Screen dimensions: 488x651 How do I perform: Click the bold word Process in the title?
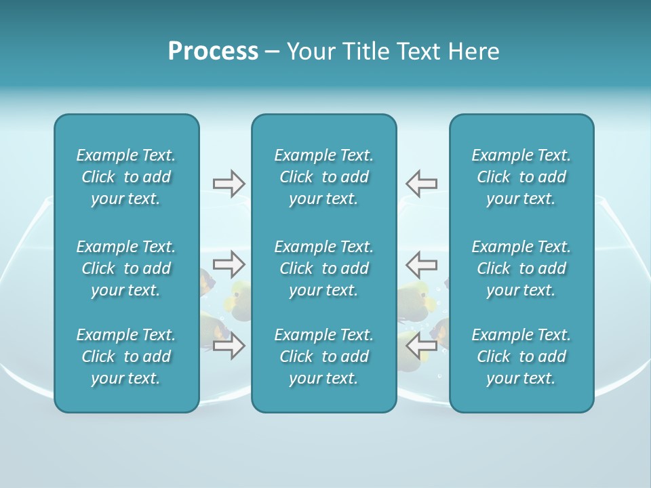pos(213,52)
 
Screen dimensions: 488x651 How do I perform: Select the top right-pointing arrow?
pos(229,183)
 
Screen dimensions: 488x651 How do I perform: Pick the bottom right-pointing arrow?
pos(229,346)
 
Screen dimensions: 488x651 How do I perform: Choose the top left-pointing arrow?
pos(422,183)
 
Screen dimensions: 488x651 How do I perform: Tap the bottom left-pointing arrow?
pos(422,346)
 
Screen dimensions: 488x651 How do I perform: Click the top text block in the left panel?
pos(126,177)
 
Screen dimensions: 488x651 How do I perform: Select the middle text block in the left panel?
pos(126,268)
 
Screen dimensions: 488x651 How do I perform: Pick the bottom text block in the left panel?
pos(126,357)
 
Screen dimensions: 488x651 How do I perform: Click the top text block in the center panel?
pos(323,177)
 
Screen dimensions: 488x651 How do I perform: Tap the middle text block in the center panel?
pos(323,268)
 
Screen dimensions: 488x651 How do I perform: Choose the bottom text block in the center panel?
pos(323,357)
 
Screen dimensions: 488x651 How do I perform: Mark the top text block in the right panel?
pos(521,177)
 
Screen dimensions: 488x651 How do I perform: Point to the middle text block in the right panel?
pos(521,268)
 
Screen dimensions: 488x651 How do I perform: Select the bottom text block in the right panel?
pos(521,357)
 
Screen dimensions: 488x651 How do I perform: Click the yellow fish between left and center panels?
pos(239,300)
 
